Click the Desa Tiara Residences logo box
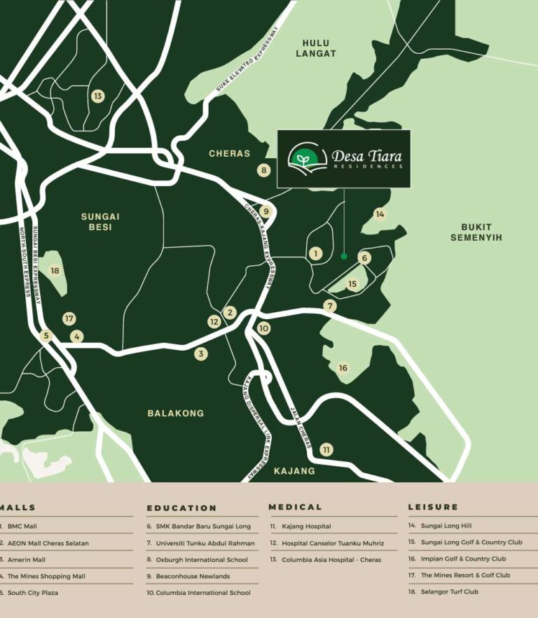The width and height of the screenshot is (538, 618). (343, 158)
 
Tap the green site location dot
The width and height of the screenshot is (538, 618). (344, 256)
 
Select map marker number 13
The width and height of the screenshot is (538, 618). (97, 97)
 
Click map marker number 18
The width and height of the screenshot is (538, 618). (55, 271)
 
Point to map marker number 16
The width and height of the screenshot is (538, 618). (343, 368)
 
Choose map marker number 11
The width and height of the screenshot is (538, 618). (326, 449)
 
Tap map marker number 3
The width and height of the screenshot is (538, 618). (201, 354)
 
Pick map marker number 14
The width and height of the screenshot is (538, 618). (380, 214)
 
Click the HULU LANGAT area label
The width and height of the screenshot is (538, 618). (316, 48)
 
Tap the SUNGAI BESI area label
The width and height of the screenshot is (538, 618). (100, 222)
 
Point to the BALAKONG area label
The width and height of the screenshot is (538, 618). (175, 413)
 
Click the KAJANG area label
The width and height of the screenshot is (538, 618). (294, 471)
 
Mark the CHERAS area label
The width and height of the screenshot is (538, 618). (229, 153)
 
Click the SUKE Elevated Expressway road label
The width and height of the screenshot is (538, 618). (247, 60)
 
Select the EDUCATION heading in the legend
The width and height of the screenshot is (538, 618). (181, 508)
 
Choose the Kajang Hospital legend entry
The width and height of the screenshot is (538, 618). (306, 526)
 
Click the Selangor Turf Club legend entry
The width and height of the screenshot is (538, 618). (449, 591)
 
